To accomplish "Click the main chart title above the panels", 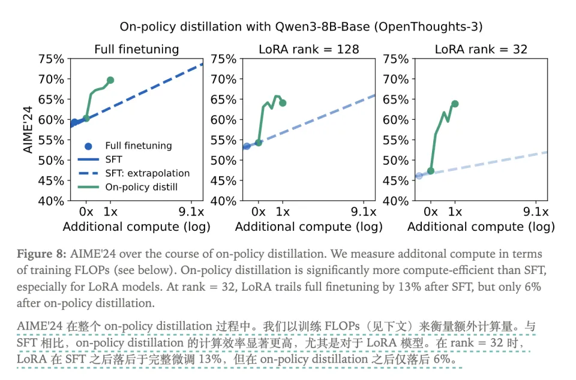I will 287,26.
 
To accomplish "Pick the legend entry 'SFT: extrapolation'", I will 147,173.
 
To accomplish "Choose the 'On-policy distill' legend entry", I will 141,187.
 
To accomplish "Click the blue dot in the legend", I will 88,146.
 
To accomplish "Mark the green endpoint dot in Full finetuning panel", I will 110,80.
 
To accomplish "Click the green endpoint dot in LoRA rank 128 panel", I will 283,103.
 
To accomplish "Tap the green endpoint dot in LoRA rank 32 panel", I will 455,104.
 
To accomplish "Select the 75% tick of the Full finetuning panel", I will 50,59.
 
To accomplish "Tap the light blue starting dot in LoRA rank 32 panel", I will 419,175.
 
